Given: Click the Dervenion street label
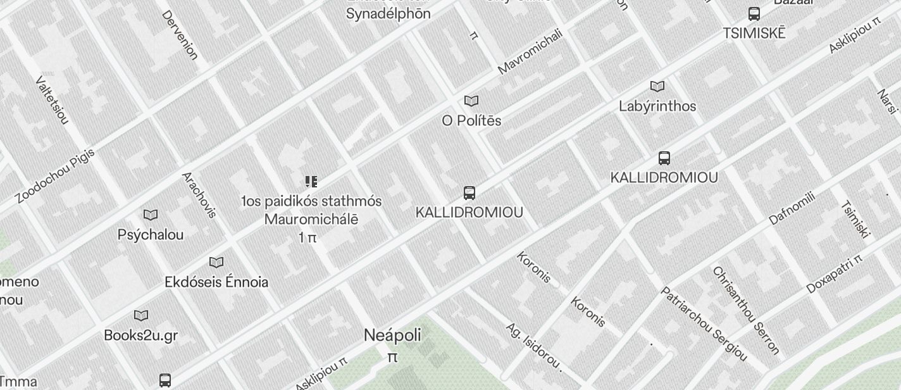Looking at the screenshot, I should click(x=180, y=35).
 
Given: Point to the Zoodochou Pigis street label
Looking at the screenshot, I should click(x=55, y=175).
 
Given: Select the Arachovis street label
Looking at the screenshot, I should click(x=199, y=194).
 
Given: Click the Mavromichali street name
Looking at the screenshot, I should click(x=530, y=51).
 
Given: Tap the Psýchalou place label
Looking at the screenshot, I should click(x=151, y=234).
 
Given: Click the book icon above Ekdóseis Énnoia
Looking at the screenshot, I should click(x=216, y=262).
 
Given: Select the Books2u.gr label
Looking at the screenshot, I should click(x=140, y=335).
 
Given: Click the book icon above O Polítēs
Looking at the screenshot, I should click(x=471, y=101).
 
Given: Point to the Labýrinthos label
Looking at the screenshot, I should click(x=657, y=106).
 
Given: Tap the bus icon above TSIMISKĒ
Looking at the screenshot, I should click(x=754, y=14).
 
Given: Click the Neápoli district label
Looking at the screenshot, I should click(x=392, y=335).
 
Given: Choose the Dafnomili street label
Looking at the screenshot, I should click(x=792, y=208).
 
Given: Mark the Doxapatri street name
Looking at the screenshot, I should click(x=834, y=275).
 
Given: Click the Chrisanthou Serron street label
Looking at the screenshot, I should click(x=745, y=310).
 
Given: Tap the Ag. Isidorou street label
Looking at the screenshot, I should click(x=533, y=346).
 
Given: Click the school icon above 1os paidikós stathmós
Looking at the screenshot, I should click(x=311, y=182).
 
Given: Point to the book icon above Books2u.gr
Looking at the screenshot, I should click(x=141, y=315).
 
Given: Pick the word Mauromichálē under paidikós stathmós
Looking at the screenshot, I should click(x=311, y=220).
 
